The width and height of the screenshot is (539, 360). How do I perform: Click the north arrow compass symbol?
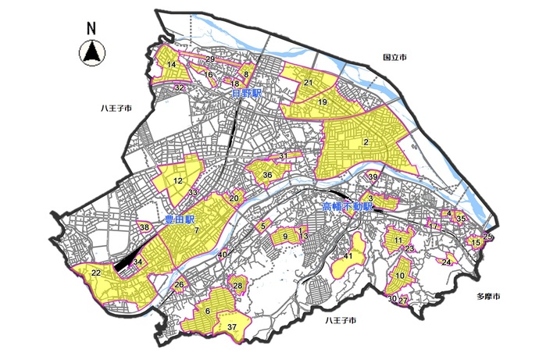[91, 53]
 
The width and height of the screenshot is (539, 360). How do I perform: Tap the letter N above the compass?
[91, 28]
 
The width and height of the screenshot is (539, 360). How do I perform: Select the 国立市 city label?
[395, 58]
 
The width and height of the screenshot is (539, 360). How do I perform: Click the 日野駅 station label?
[246, 93]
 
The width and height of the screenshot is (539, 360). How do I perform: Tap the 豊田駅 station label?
[179, 220]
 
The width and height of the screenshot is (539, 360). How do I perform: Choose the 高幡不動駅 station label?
[348, 208]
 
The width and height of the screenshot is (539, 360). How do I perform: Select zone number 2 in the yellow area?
[366, 141]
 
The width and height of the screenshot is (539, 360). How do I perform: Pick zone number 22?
[95, 273]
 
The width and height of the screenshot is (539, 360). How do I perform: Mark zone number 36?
[267, 175]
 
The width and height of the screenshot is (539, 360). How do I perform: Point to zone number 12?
[178, 180]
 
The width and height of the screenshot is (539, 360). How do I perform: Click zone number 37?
[231, 325]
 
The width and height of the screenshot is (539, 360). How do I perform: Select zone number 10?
[400, 276]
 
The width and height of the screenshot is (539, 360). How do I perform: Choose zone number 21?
[309, 83]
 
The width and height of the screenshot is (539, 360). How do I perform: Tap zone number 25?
[487, 236]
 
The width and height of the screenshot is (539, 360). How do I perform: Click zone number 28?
[237, 286]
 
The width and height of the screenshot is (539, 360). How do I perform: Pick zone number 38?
[145, 227]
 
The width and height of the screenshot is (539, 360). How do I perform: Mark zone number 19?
[322, 102]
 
